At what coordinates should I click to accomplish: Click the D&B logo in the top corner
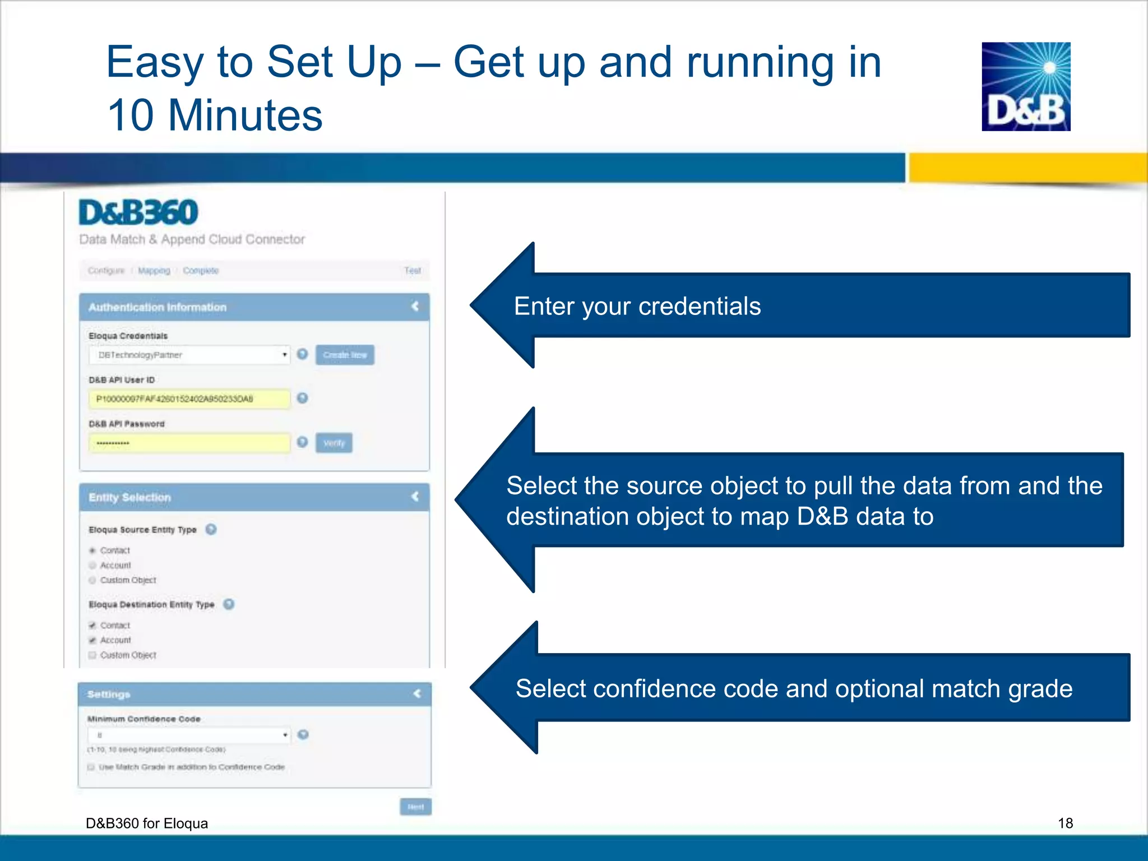(1026, 86)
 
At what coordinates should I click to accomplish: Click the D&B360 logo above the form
(138, 212)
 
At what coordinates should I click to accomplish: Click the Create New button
(345, 355)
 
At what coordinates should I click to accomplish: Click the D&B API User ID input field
(189, 399)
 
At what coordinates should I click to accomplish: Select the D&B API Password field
(189, 443)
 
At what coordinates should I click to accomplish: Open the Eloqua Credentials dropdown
(189, 355)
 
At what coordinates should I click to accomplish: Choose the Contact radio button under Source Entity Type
(92, 550)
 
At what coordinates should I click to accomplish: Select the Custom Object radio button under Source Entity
(92, 580)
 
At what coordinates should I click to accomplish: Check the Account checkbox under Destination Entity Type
(92, 640)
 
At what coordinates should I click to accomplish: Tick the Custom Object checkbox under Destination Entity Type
(92, 655)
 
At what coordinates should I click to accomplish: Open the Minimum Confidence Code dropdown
(189, 735)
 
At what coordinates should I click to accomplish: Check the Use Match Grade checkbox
(91, 767)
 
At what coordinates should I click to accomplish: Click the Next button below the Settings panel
(415, 807)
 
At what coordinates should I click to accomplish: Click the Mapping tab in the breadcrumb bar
(154, 271)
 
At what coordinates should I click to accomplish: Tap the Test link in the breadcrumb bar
(412, 271)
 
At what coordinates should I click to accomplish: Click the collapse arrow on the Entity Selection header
(415, 497)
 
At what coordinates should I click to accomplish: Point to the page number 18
(1065, 823)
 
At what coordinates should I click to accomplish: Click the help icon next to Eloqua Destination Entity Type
(229, 604)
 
